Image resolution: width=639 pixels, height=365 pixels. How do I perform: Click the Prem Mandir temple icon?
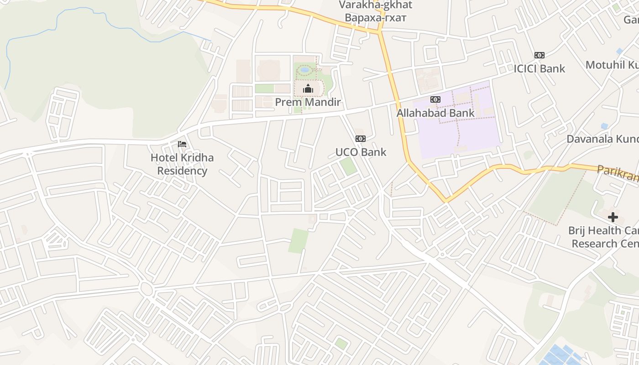pyautogui.click(x=308, y=88)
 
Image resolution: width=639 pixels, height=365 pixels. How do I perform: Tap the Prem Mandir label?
pyautogui.click(x=308, y=102)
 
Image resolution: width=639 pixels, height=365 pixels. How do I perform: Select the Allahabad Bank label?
pyautogui.click(x=435, y=113)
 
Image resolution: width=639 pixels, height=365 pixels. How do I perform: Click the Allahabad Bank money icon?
pyautogui.click(x=435, y=99)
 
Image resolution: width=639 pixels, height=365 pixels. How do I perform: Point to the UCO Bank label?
pyautogui.click(x=361, y=152)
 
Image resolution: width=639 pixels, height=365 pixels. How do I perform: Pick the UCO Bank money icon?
pyautogui.click(x=361, y=139)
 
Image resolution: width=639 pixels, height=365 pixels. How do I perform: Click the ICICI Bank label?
pyautogui.click(x=539, y=69)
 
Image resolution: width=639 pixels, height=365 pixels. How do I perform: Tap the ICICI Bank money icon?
pyautogui.click(x=539, y=55)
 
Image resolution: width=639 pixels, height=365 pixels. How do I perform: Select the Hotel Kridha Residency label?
pyautogui.click(x=182, y=164)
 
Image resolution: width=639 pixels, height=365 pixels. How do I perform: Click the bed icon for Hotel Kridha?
pyautogui.click(x=182, y=144)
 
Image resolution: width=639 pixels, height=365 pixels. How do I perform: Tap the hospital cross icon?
pyautogui.click(x=613, y=217)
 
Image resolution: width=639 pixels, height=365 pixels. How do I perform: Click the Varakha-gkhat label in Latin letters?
pyautogui.click(x=375, y=5)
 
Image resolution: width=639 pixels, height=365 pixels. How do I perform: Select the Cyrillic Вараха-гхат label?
pyautogui.click(x=375, y=18)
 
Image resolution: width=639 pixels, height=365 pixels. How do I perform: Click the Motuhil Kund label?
pyautogui.click(x=612, y=65)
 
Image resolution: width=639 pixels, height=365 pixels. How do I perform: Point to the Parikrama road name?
pyautogui.click(x=618, y=173)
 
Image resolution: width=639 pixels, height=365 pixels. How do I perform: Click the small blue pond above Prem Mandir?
pyautogui.click(x=304, y=70)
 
